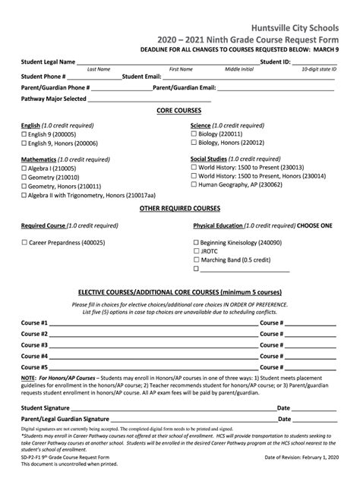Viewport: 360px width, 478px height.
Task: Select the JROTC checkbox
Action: click(x=196, y=251)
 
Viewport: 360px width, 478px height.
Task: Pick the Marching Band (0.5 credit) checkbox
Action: click(x=196, y=259)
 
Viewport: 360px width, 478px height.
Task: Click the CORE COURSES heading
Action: click(x=179, y=110)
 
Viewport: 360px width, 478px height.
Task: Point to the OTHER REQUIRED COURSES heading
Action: click(x=179, y=207)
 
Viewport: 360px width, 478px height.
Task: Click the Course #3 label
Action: click(x=35, y=344)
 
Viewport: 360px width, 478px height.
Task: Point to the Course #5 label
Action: click(x=35, y=366)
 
